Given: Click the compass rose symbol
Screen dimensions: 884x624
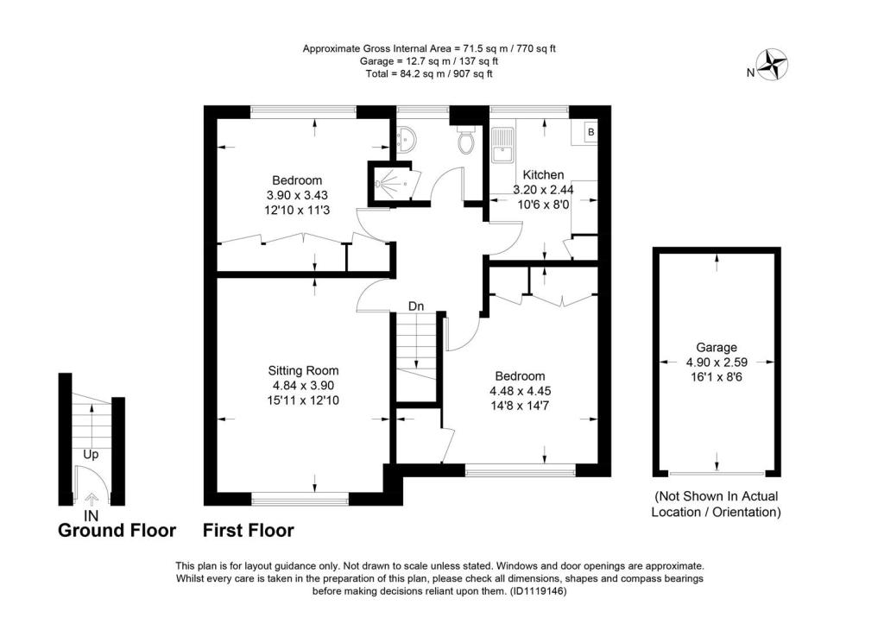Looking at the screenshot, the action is pyautogui.click(x=773, y=65).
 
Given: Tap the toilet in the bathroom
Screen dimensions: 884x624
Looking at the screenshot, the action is pyautogui.click(x=467, y=141).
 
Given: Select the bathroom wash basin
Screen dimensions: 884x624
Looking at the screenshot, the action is pyautogui.click(x=405, y=139).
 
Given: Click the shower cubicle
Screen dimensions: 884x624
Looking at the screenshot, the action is pyautogui.click(x=392, y=183).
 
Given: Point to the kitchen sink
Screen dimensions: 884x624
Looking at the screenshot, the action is pyautogui.click(x=502, y=145).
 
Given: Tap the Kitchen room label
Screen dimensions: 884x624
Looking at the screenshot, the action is pyautogui.click(x=543, y=174).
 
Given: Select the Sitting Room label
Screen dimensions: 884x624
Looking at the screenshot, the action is pyautogui.click(x=303, y=371).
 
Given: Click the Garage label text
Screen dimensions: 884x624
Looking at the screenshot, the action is pyautogui.click(x=716, y=348).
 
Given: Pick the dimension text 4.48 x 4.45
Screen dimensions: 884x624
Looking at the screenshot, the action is pyautogui.click(x=521, y=391).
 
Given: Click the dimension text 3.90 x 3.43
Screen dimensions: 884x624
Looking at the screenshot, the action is pyautogui.click(x=297, y=196).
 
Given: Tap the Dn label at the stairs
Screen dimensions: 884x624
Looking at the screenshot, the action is pyautogui.click(x=416, y=306).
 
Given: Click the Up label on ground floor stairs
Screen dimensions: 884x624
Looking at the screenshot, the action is pyautogui.click(x=91, y=454).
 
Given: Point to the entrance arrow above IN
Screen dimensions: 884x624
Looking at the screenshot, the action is pyautogui.click(x=91, y=498).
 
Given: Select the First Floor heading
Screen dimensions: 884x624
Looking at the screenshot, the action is pyautogui.click(x=249, y=531).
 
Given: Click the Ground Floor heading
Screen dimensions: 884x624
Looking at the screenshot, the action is pyautogui.click(x=117, y=531).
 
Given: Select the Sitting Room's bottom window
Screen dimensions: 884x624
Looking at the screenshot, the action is pyautogui.click(x=300, y=499).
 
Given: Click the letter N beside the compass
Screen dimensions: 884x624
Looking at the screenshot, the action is pyautogui.click(x=750, y=72).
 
